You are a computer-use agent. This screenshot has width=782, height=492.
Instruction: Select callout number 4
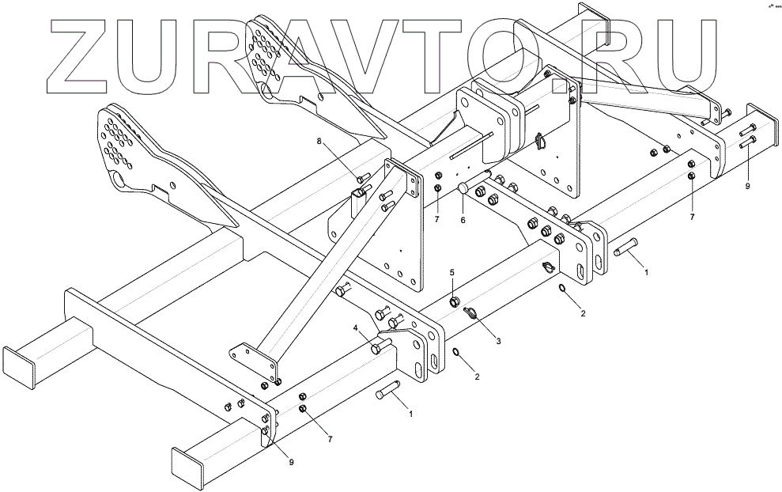tap(356, 327)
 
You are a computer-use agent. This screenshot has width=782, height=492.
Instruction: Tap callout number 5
tap(453, 273)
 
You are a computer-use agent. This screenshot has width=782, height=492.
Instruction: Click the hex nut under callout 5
tap(454, 301)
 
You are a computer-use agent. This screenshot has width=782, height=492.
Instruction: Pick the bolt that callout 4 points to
tap(383, 345)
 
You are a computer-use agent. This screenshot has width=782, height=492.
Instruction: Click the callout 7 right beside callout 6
tap(437, 218)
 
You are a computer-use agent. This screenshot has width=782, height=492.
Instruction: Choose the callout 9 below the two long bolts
tap(747, 187)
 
